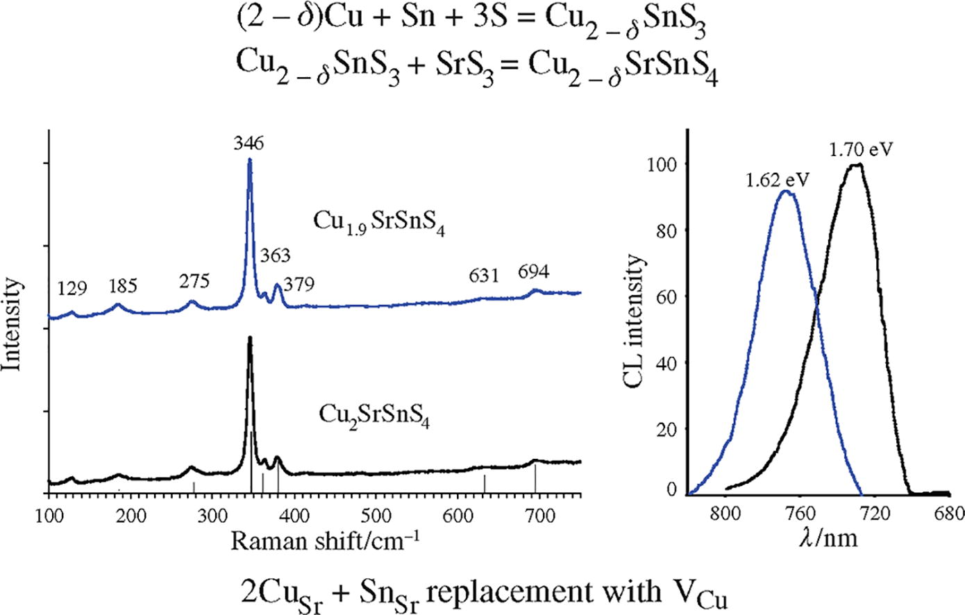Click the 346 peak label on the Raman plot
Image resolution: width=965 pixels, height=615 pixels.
[249, 144]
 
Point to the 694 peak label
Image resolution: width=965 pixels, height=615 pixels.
[533, 272]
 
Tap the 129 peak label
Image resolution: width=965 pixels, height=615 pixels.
[72, 287]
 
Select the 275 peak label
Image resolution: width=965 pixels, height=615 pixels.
[194, 281]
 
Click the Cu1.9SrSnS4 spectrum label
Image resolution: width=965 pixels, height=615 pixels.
[378, 224]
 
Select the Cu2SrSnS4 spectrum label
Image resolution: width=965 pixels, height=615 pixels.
[374, 417]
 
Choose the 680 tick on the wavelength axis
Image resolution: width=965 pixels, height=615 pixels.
[950, 514]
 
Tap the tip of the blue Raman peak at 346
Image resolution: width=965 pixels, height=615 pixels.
[249, 160]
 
